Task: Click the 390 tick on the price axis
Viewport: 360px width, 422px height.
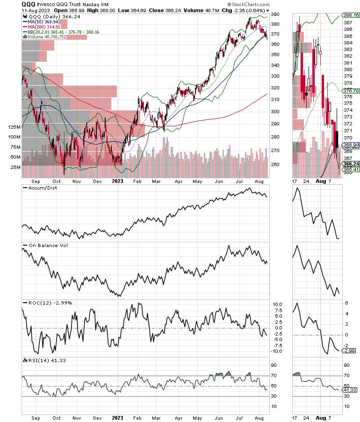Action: click(x=276, y=15)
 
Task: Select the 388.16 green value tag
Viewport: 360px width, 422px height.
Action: click(x=352, y=15)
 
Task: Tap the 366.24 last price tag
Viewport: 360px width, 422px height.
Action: click(x=352, y=164)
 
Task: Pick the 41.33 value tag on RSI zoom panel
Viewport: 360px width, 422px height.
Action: click(x=352, y=389)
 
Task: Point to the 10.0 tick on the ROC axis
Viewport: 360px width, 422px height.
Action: click(x=278, y=304)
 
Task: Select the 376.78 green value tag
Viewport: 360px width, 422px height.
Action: click(x=352, y=91)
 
